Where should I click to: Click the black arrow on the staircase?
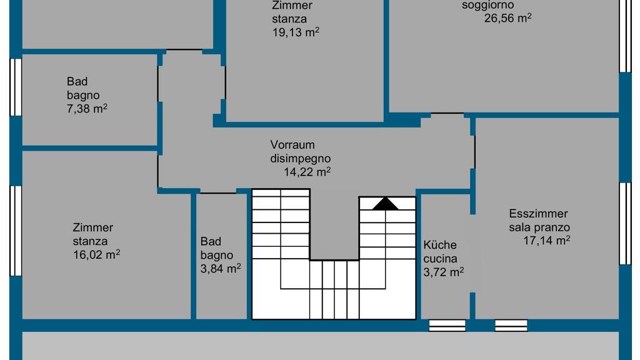point(385,204)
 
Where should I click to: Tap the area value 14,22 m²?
point(307,172)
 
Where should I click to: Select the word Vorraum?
point(292,145)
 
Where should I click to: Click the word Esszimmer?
point(538,214)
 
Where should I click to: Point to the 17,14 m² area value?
point(546,240)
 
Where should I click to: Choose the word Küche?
point(439,245)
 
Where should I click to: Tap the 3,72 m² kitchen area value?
point(443,272)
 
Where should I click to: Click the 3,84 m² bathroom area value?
point(221,268)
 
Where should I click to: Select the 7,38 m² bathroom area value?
point(87,109)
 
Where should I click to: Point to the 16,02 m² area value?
point(96,254)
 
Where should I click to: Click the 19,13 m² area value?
point(296,32)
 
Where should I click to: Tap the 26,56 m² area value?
point(507,18)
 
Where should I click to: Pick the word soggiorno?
point(487,6)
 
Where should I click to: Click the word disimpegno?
point(301,159)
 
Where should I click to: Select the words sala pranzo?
point(539,227)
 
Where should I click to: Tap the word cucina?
point(440,259)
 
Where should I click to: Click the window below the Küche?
point(447,325)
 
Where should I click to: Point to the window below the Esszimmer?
point(511,325)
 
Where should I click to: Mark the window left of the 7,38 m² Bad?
point(16,87)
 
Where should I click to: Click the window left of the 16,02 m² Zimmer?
point(16,231)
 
